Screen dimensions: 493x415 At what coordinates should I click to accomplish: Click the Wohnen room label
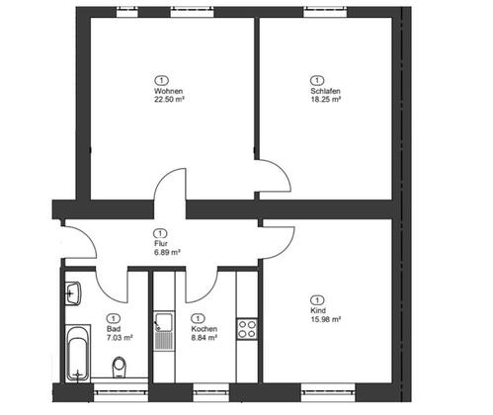pyautogui.click(x=168, y=91)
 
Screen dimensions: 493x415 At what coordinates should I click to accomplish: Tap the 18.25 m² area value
pyautogui.click(x=325, y=100)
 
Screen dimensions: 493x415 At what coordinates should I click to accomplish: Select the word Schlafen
pyautogui.click(x=325, y=91)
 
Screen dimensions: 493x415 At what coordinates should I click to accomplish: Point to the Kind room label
pyautogui.click(x=318, y=310)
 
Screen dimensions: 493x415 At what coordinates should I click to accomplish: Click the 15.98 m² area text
pyautogui.click(x=326, y=319)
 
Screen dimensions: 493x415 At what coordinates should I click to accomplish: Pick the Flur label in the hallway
pyautogui.click(x=161, y=244)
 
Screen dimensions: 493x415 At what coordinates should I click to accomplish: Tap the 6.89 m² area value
pyautogui.click(x=167, y=253)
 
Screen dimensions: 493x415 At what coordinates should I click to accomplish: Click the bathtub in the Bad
pyautogui.click(x=78, y=354)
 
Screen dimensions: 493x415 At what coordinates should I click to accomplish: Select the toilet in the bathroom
pyautogui.click(x=119, y=367)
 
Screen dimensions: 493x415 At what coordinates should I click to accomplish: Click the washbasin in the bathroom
pyautogui.click(x=73, y=293)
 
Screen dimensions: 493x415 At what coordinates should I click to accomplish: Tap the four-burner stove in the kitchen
pyautogui.click(x=247, y=329)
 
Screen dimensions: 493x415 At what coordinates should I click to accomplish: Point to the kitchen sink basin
pyautogui.click(x=164, y=322)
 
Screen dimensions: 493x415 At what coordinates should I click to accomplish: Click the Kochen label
pyautogui.click(x=205, y=329)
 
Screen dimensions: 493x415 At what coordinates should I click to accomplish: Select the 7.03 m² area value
pyautogui.click(x=120, y=338)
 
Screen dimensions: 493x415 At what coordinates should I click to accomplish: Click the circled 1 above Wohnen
pyautogui.click(x=161, y=80)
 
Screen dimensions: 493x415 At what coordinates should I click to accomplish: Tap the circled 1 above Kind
pyautogui.click(x=317, y=300)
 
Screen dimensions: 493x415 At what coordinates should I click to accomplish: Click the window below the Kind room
pyautogui.click(x=328, y=392)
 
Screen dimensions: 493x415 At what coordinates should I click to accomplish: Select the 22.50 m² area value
pyautogui.click(x=169, y=100)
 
